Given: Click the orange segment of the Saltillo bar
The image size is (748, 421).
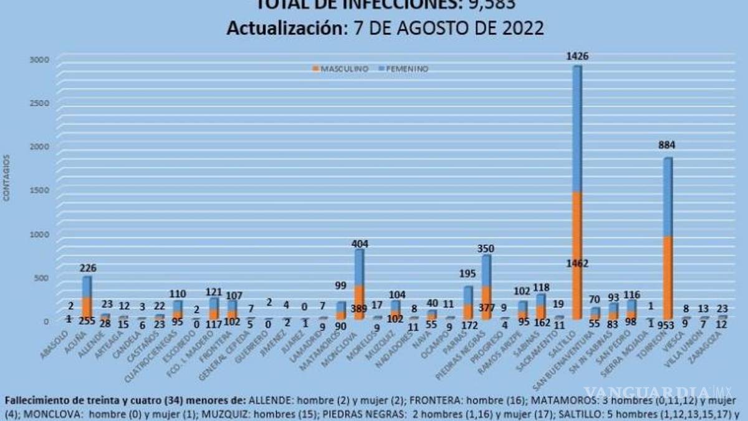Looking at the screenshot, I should (x=577, y=237).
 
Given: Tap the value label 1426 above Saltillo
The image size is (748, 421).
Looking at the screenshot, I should (x=577, y=56).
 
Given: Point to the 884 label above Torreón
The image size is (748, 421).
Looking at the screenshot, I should (x=668, y=145).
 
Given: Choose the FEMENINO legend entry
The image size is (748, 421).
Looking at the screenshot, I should (x=405, y=69).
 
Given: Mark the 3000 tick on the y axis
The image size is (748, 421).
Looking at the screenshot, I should (x=39, y=60).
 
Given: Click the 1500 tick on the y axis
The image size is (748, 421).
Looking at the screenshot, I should (x=39, y=190).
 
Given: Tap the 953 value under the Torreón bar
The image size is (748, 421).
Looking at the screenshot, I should (x=668, y=326).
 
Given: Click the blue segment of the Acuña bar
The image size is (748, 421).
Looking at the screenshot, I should (x=87, y=286).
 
